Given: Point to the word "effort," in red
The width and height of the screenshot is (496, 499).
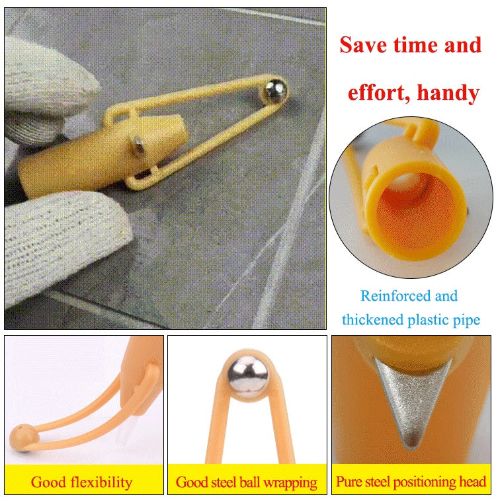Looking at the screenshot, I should (378, 93).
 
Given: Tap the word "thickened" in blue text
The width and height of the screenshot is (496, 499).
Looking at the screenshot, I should (371, 321).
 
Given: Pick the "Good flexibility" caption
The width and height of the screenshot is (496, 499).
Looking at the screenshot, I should (81, 482).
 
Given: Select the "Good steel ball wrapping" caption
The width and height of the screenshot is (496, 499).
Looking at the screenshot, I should (247, 482).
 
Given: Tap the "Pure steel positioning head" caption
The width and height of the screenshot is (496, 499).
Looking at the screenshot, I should (411, 482).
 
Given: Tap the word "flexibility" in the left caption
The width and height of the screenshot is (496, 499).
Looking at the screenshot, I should (99, 482).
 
